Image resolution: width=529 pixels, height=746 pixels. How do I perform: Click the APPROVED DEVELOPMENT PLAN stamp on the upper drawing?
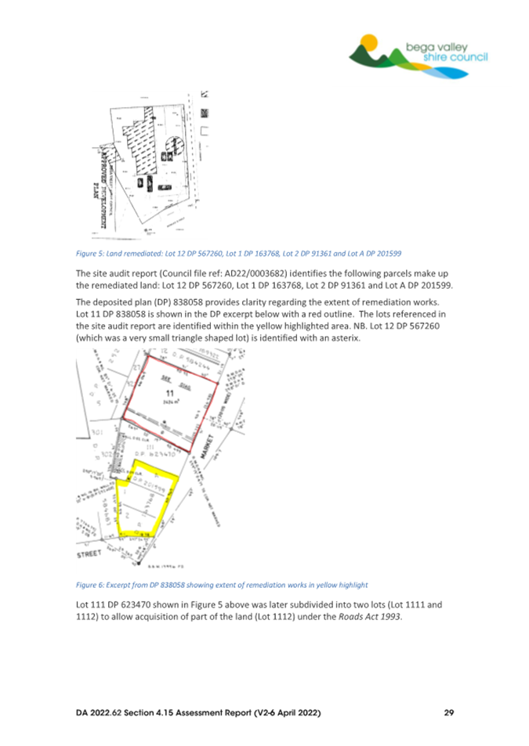98,193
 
